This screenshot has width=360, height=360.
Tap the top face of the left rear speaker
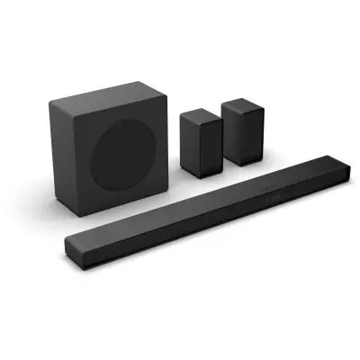(199, 114)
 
